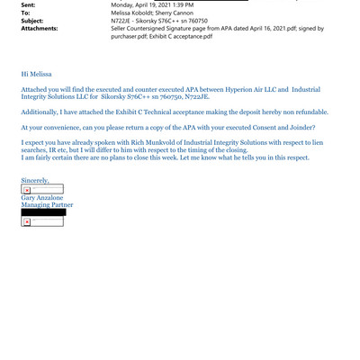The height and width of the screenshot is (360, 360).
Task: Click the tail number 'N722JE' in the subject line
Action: (x=122, y=21)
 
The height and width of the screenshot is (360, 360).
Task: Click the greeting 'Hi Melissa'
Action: (x=37, y=74)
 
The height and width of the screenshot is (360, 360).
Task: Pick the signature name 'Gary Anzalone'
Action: (x=42, y=197)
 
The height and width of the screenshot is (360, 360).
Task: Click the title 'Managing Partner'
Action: (x=47, y=205)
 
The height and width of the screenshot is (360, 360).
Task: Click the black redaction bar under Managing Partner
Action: (x=43, y=212)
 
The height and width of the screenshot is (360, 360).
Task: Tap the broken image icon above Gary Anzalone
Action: (x=27, y=190)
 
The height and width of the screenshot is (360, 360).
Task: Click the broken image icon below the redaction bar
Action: (x=27, y=221)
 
